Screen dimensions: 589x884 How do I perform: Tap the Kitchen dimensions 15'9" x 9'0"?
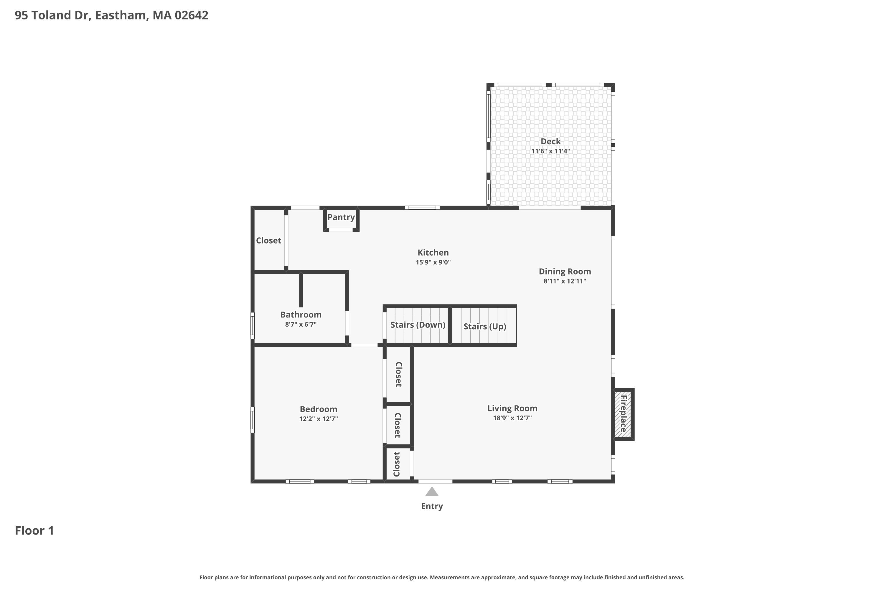click(433, 262)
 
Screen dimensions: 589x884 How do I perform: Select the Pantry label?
click(341, 217)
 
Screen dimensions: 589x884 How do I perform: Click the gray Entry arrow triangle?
click(432, 492)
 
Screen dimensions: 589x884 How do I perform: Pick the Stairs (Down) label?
click(418, 325)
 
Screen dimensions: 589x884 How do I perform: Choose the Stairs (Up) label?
click(484, 326)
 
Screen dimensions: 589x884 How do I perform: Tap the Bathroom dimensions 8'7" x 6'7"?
click(301, 324)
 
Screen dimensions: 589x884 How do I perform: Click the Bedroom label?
click(318, 409)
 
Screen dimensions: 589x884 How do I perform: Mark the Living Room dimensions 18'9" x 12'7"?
click(512, 418)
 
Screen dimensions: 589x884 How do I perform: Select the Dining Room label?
click(565, 271)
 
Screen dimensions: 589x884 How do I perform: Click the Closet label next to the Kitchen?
click(268, 240)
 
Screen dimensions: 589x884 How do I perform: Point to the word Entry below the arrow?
click(432, 506)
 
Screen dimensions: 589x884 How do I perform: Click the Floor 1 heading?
click(34, 530)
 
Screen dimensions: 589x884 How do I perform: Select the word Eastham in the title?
click(120, 15)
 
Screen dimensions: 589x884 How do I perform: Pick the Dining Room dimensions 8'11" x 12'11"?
click(565, 281)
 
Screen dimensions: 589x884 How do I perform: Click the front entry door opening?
click(435, 481)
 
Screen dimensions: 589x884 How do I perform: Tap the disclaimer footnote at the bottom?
click(442, 577)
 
